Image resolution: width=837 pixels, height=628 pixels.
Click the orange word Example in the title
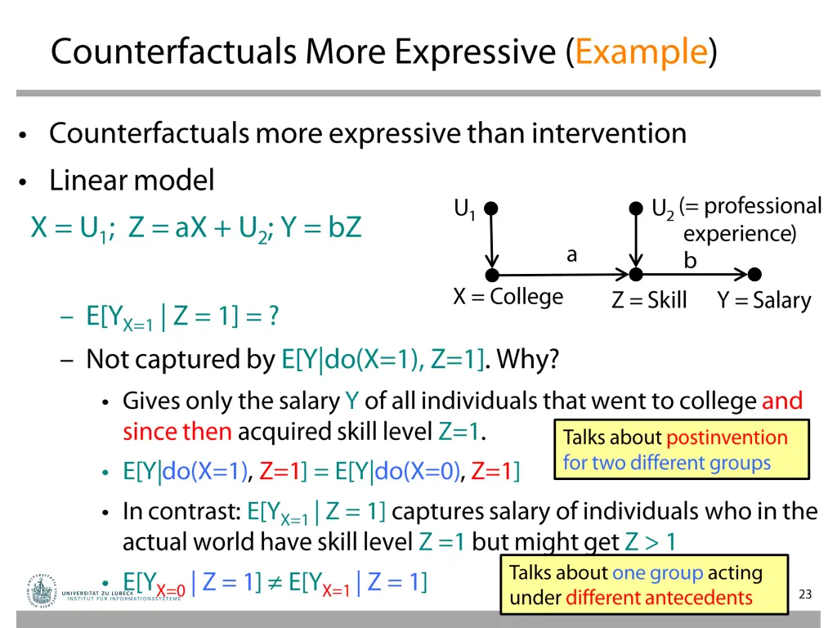(641, 52)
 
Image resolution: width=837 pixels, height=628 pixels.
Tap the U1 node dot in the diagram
(491, 209)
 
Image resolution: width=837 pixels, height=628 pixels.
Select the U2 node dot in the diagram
(636, 209)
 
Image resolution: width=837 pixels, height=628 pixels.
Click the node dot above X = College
(492, 275)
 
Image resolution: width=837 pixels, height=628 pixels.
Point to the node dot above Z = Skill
(636, 275)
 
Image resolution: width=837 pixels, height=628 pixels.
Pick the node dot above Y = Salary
(754, 275)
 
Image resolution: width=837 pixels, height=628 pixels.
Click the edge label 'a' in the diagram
(571, 255)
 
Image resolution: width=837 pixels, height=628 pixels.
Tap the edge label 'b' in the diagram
(691, 261)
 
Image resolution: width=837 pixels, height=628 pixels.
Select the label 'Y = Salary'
(764, 301)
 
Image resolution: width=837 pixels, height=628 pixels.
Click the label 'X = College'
(508, 296)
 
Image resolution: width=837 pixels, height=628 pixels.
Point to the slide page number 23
(805, 594)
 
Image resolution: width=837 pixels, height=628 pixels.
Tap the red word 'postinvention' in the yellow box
(727, 437)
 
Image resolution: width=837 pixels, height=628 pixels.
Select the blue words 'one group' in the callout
(657, 573)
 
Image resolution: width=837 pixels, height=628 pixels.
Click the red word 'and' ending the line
(782, 401)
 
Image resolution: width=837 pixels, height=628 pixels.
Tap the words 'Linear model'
(132, 180)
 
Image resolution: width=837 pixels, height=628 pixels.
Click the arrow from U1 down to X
(492, 241)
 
